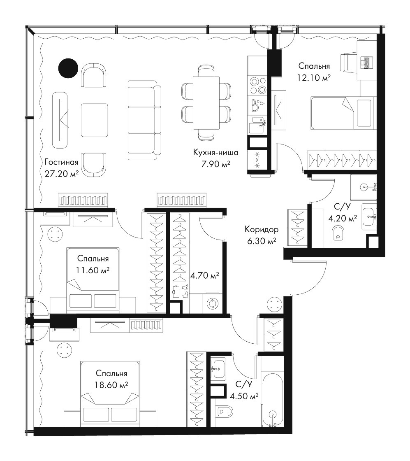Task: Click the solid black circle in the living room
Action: [x=68, y=68]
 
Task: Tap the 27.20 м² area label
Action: [x=62, y=174]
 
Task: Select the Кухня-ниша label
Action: [x=215, y=153]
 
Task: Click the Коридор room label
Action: [x=262, y=229]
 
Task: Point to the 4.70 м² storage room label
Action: [x=204, y=276]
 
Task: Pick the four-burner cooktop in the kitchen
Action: [x=257, y=85]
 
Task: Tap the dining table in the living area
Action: [x=206, y=102]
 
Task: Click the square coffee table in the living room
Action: [x=94, y=120]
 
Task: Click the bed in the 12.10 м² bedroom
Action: [x=344, y=113]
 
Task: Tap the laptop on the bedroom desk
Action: [x=366, y=62]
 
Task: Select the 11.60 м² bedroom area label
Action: [x=93, y=270]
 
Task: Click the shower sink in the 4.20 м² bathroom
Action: [x=364, y=187]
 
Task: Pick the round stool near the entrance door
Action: [x=275, y=305]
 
